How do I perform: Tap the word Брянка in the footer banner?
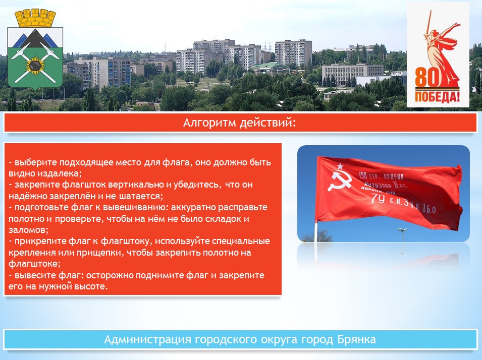click(357, 339)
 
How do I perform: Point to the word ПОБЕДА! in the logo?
click(438, 97)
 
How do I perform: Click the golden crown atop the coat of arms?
click(35, 18)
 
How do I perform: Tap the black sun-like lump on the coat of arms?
click(35, 66)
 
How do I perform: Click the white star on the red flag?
click(340, 166)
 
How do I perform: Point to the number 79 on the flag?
click(378, 199)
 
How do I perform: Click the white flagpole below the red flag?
click(316, 231)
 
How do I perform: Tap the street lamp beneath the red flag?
click(402, 234)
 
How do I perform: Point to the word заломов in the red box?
click(28, 230)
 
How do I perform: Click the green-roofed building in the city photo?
click(269, 68)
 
